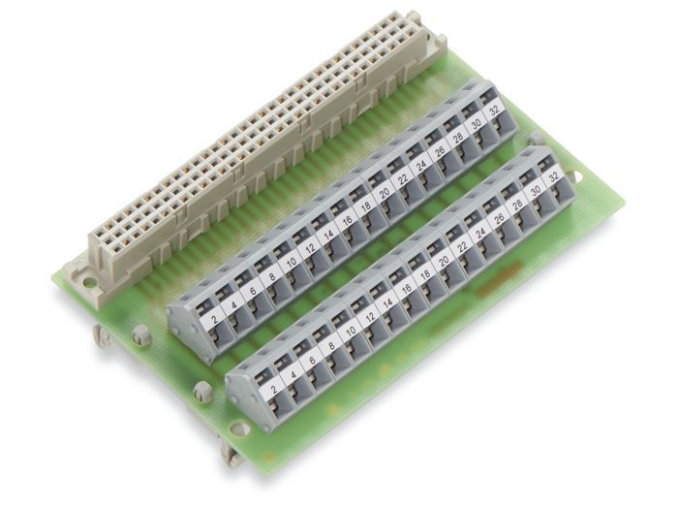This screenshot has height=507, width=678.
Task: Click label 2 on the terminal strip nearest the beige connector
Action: click(214, 321)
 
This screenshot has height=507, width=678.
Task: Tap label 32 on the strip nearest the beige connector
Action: click(494, 110)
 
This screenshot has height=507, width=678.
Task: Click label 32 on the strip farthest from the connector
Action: click(553, 177)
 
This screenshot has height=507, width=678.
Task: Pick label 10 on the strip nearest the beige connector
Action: click(292, 262)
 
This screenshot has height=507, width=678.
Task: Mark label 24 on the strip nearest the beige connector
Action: click(420, 165)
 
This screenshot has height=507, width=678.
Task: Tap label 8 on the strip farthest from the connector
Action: click(331, 345)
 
